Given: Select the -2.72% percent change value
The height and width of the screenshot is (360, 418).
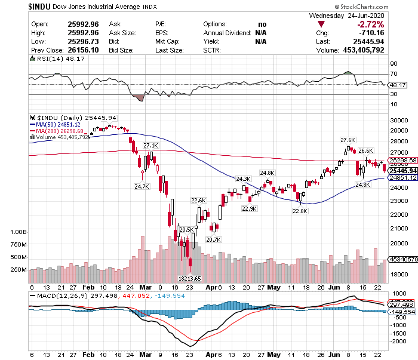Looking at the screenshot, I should (370, 24).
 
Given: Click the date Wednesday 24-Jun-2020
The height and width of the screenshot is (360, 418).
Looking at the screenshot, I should (352, 16).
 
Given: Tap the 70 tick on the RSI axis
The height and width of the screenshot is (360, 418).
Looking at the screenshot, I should (394, 74).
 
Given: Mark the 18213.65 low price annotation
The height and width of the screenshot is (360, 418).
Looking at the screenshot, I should (190, 278).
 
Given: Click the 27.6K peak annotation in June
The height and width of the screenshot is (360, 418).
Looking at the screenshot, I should (348, 140).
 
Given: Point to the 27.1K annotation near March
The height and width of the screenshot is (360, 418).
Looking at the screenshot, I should (151, 146).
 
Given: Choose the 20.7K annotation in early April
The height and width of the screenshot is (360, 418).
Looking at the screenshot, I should (214, 239).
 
